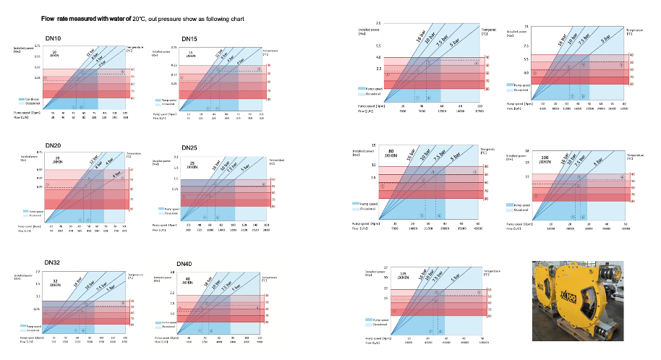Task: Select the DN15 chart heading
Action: [x=189, y=38]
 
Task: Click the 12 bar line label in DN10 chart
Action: [x=90, y=53]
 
